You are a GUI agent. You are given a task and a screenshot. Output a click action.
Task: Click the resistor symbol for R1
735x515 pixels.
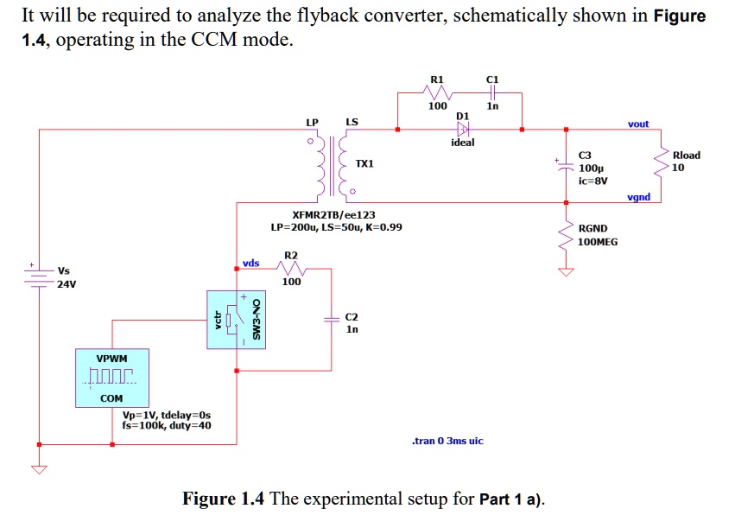point(439,92)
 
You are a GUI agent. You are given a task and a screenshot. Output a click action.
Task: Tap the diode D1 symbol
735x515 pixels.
point(463,130)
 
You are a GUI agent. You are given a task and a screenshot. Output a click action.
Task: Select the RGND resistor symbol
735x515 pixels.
point(566,234)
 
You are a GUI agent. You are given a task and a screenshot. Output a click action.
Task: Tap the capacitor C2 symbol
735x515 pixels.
point(331,320)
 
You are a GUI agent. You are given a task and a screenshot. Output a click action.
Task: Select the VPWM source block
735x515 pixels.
point(111,378)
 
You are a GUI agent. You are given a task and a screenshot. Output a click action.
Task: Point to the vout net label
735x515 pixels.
point(638,124)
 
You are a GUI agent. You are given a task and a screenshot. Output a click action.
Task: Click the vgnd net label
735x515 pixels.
point(638,198)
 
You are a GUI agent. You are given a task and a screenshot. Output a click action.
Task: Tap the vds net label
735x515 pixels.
point(250,263)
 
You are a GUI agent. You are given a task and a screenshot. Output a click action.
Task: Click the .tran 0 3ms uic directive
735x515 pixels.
point(447,441)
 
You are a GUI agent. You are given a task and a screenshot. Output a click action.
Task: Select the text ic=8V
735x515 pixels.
point(593,181)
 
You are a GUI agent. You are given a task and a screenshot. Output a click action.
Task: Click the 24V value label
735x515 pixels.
point(67,283)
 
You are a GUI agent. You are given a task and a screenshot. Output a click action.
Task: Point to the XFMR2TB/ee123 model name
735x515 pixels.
point(334,214)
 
